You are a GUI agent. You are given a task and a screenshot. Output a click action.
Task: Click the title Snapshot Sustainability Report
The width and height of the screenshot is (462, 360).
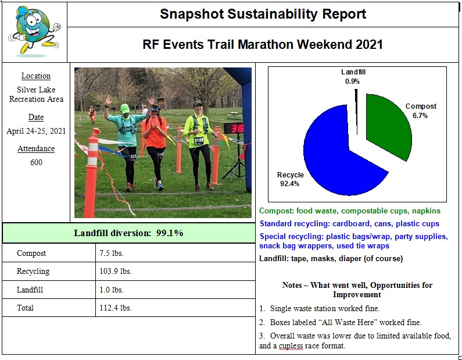tap(263, 14)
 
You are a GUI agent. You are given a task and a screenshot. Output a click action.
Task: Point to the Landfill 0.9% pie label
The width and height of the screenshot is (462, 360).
tap(353, 77)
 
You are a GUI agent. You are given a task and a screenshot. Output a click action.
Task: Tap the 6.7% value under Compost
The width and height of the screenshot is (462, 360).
tap(421, 116)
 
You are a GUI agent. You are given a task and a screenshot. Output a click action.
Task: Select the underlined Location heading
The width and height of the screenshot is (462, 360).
tap(36, 76)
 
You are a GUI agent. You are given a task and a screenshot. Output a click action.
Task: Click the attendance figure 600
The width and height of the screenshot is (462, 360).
tap(36, 162)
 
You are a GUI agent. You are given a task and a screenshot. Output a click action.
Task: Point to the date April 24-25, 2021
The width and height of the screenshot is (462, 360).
tap(36, 131)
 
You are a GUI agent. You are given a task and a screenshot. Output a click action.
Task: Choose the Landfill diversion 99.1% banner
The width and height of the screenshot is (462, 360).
tap(128, 233)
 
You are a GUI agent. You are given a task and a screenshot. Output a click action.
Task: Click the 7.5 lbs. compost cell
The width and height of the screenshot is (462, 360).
tap(110, 254)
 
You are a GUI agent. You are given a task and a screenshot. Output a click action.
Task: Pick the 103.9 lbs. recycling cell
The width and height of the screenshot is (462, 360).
tap(115, 272)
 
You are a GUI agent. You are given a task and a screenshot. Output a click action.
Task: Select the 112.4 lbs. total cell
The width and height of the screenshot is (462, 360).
tap(115, 308)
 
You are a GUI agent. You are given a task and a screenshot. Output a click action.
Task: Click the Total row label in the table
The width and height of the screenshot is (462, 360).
tap(25, 308)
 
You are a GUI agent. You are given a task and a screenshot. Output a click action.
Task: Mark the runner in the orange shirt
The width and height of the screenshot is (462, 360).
tap(155, 142)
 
